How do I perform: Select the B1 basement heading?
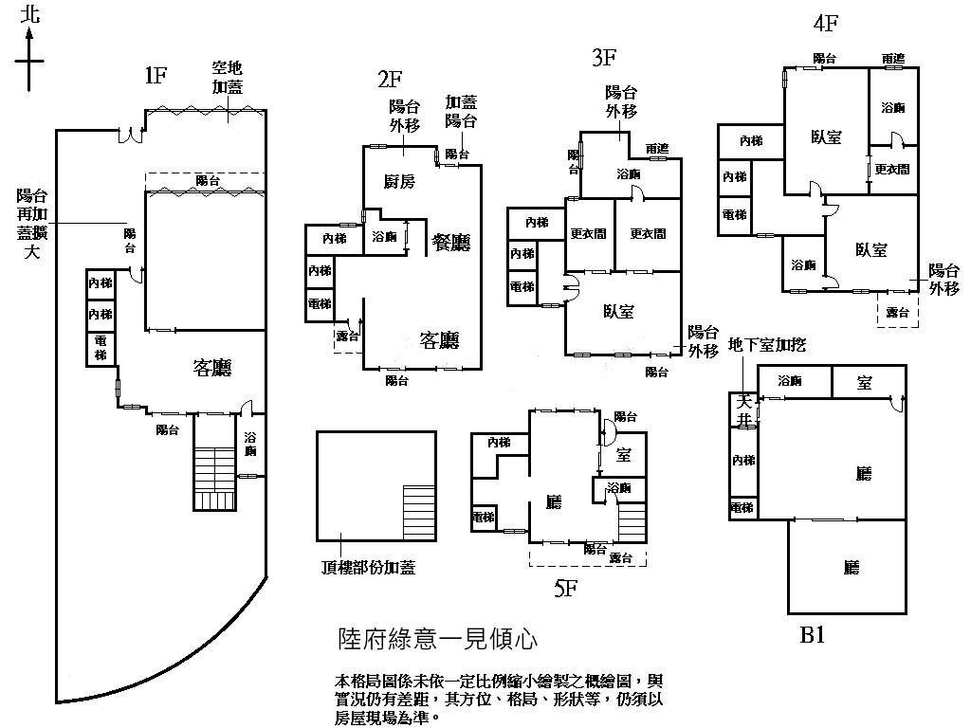[x=812, y=634]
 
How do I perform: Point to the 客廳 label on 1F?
[x=213, y=368]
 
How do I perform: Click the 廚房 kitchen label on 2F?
[x=398, y=183]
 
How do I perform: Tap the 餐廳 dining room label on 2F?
[x=451, y=242]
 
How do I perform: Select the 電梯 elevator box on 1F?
[x=101, y=348]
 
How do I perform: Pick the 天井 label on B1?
[x=742, y=409]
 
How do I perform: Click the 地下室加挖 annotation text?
[x=766, y=345]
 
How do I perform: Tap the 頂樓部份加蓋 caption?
[x=368, y=568]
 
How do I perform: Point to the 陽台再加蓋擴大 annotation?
[x=32, y=224]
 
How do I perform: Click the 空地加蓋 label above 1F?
[x=229, y=78]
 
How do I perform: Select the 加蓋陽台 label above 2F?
[x=461, y=111]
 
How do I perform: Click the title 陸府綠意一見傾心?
[x=438, y=640]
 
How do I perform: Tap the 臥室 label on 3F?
[x=619, y=311]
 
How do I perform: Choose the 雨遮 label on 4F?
[x=892, y=59]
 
